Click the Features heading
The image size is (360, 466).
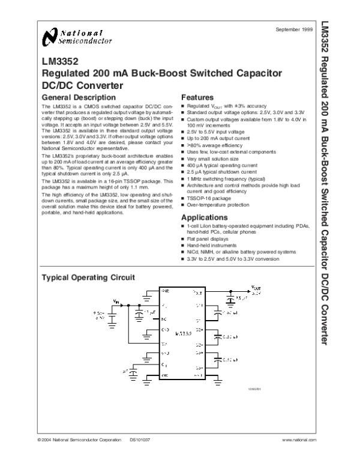(197, 97)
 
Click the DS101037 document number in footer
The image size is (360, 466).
(139, 440)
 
